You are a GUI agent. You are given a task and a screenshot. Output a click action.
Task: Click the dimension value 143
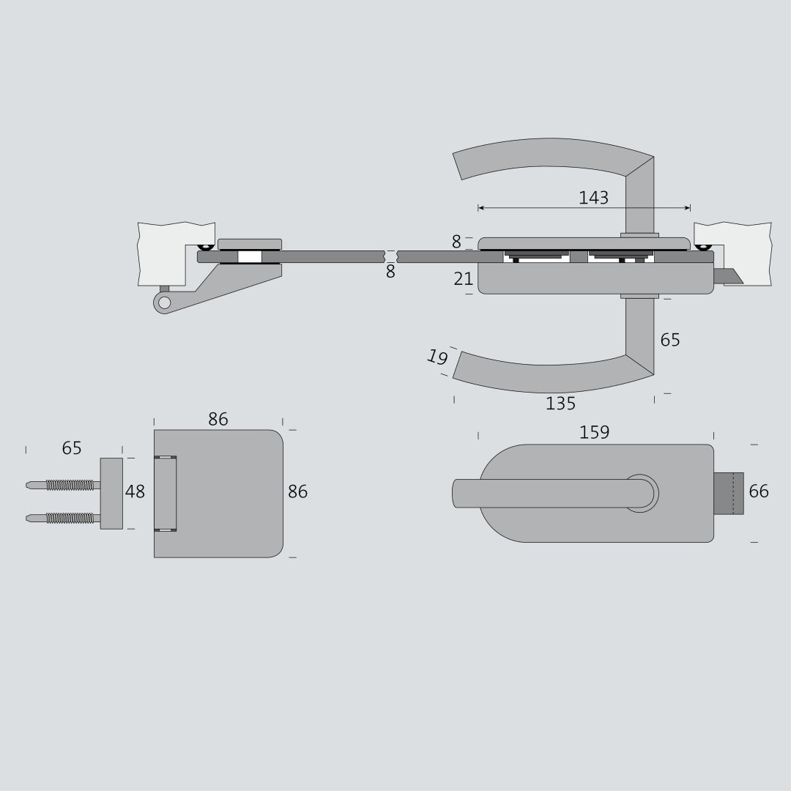[593, 198]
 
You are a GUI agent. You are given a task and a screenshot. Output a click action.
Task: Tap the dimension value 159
[594, 432]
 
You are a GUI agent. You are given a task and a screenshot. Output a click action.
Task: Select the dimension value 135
[560, 404]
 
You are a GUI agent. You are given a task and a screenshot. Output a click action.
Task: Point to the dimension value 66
[759, 491]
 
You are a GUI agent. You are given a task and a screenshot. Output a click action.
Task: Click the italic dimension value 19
[437, 357]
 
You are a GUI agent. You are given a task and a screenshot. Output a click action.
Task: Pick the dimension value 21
[463, 279]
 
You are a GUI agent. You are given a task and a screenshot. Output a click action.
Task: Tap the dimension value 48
[135, 491]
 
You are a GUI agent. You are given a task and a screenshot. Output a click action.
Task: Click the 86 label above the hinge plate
[218, 419]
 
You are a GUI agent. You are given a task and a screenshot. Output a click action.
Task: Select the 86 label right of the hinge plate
[297, 491]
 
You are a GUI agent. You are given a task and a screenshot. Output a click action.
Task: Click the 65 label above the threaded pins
[72, 448]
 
